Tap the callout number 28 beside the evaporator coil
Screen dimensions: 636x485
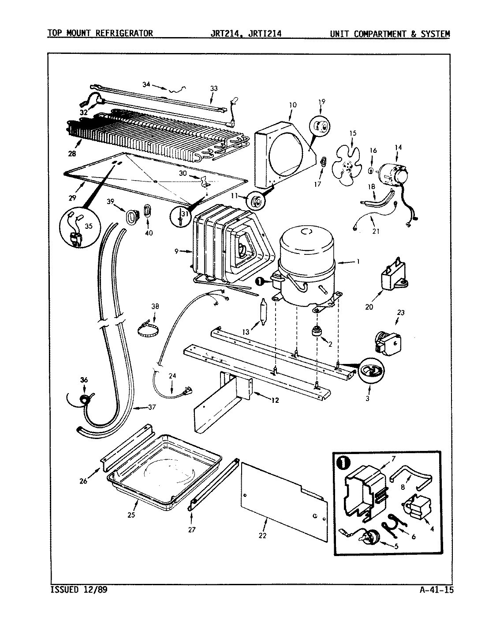[x=72, y=154]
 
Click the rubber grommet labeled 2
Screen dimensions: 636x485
[x=316, y=332]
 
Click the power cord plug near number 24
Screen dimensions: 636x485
[x=187, y=390]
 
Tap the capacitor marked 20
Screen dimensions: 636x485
[x=392, y=278]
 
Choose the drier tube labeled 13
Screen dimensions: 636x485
[x=262, y=311]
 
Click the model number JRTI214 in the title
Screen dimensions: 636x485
[x=265, y=33]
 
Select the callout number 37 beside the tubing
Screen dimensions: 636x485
[x=151, y=407]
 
